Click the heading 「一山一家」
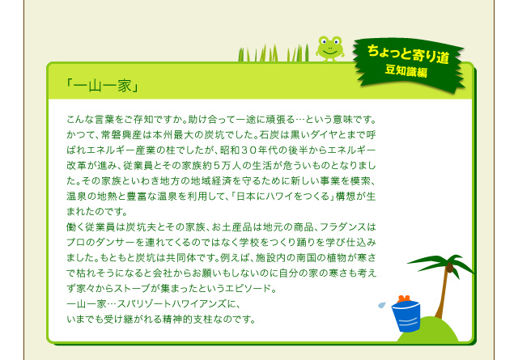pyautogui.click(x=102, y=87)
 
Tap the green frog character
pyautogui.click(x=329, y=49)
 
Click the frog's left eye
pyautogui.click(x=323, y=41)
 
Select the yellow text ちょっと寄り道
pyautogui.click(x=408, y=54)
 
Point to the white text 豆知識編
pyautogui.click(x=406, y=71)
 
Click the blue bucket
pyautogui.click(x=406, y=316)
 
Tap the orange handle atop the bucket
pyautogui.click(x=404, y=299)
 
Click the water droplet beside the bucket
pyautogui.click(x=381, y=304)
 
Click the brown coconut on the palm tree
pyautogui.click(x=449, y=267)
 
